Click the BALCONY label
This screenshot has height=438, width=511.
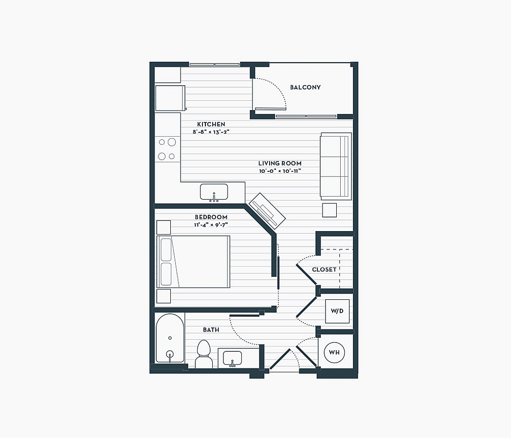(305, 87)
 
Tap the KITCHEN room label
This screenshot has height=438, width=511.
(211, 124)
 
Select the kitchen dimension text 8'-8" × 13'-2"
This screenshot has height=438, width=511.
(211, 132)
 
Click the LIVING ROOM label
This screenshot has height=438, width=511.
(280, 163)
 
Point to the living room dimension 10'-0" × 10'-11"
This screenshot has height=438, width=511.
(280, 171)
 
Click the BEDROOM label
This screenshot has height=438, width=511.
(211, 217)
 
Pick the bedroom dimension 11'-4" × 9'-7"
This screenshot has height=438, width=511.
(211, 224)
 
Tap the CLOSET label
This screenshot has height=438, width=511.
(324, 270)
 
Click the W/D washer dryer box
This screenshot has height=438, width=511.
(337, 311)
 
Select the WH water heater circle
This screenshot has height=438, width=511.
(334, 352)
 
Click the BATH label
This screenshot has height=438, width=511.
(211, 330)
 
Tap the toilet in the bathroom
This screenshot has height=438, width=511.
(204, 354)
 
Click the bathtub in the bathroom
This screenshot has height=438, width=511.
(170, 338)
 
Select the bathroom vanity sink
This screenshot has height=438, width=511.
(232, 359)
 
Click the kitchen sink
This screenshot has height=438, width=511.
(214, 192)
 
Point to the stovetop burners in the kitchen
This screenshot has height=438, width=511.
(167, 149)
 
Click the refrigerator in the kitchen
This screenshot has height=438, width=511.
(170, 98)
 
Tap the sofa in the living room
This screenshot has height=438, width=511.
(336, 166)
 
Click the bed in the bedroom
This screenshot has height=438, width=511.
(194, 262)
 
